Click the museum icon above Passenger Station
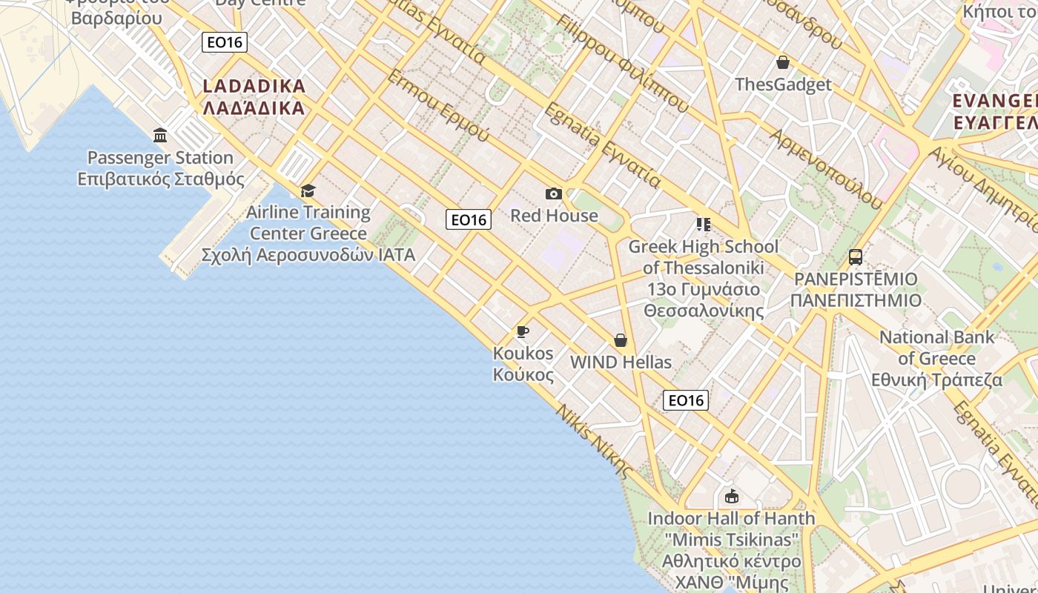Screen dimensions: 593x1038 pos(160,135)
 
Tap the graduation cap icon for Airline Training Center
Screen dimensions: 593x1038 pos(308,191)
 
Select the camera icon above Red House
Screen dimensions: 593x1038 pos(554,194)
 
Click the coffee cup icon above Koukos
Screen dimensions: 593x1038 pos(523,331)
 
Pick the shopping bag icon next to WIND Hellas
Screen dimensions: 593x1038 pos(621,340)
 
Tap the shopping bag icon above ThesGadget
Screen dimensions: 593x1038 pos(782,62)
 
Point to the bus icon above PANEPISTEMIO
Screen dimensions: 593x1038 pos(856,257)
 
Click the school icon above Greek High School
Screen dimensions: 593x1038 pos(703,224)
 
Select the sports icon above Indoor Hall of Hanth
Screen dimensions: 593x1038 pos(732,496)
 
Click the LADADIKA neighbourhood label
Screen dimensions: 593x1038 pos(254,97)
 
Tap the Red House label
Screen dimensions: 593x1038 pos(554,216)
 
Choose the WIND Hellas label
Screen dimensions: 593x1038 pos(621,362)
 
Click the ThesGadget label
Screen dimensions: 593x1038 pos(783,85)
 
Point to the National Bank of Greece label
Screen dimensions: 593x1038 pos(936,359)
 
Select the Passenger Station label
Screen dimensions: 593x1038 pos(161,168)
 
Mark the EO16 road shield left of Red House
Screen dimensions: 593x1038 pos(469,219)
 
